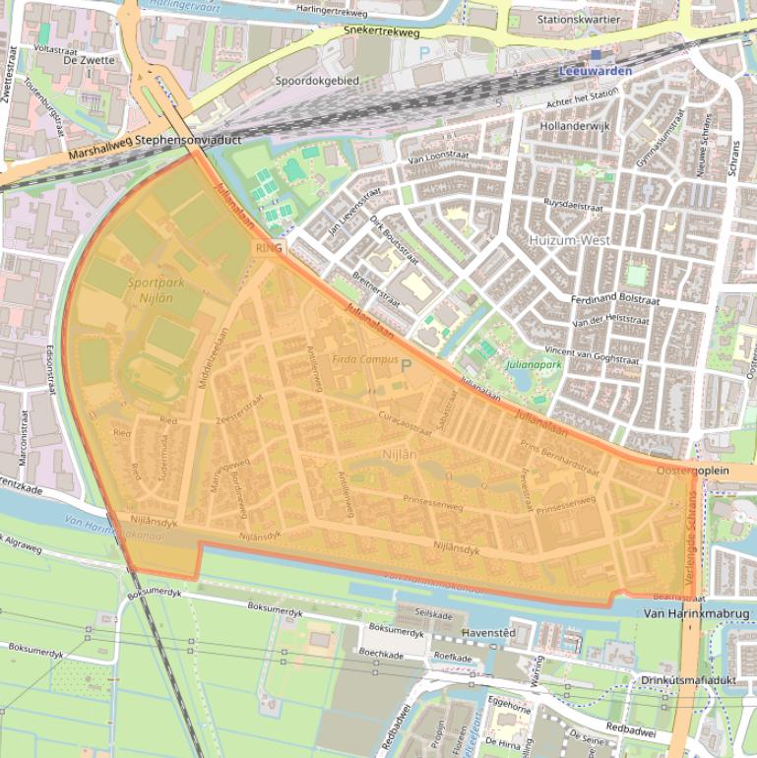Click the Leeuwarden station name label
[596, 71]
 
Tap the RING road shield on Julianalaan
[268, 248]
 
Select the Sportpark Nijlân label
[156, 289]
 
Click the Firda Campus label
[365, 359]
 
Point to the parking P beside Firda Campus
[405, 365]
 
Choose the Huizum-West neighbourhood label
[569, 240]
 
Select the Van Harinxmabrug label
[696, 613]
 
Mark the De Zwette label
[89, 60]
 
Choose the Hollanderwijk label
[576, 127]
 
